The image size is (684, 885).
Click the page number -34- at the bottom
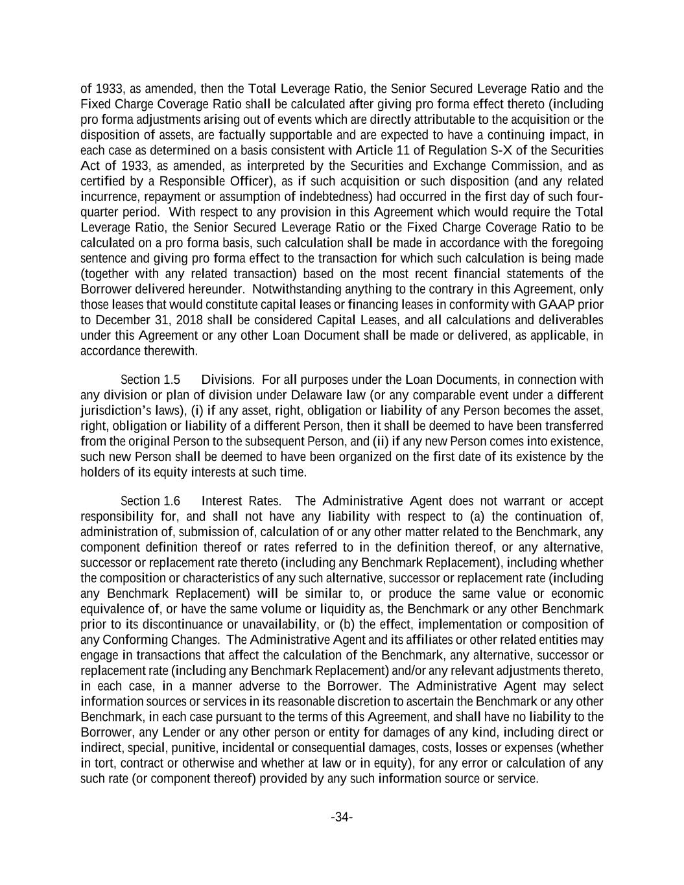[342, 817]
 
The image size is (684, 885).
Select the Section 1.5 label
[150, 380]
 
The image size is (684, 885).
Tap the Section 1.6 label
[150, 501]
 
